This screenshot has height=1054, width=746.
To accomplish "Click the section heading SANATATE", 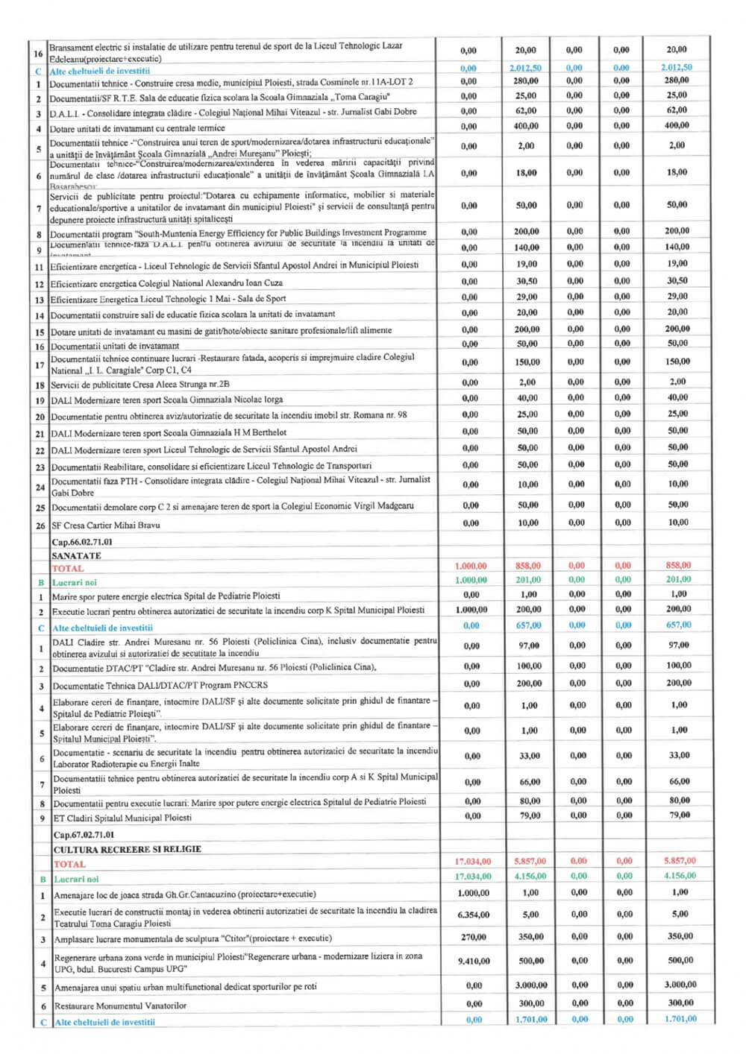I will (x=76, y=555).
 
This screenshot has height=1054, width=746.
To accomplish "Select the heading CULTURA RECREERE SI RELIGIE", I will (x=127, y=849).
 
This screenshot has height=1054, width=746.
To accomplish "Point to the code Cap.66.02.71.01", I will (x=82, y=542).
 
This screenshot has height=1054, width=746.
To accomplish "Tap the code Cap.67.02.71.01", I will (x=84, y=835).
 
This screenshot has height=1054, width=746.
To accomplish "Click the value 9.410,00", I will (x=474, y=962).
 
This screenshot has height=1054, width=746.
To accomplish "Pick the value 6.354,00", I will (x=474, y=915).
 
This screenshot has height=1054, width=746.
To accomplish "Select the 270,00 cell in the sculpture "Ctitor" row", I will (x=474, y=937).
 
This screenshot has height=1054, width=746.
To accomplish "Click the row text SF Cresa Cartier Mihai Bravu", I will (x=105, y=525).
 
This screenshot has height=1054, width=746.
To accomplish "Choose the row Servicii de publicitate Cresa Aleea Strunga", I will (x=140, y=385).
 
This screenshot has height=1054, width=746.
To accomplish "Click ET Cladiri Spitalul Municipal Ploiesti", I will (x=122, y=818).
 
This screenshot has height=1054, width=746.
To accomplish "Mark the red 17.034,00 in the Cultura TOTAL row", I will (x=473, y=862).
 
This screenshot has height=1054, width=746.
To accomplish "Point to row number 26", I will (x=40, y=526).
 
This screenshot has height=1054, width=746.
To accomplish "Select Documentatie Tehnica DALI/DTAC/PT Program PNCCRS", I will (x=160, y=685).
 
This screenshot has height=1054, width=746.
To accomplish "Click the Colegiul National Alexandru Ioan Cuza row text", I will (x=166, y=283).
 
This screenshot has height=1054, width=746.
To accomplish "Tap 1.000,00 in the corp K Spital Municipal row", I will (x=471, y=610).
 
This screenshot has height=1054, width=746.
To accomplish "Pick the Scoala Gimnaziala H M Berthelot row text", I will (x=169, y=432).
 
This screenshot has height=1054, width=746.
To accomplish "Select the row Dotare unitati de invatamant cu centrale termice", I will (x=137, y=128).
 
